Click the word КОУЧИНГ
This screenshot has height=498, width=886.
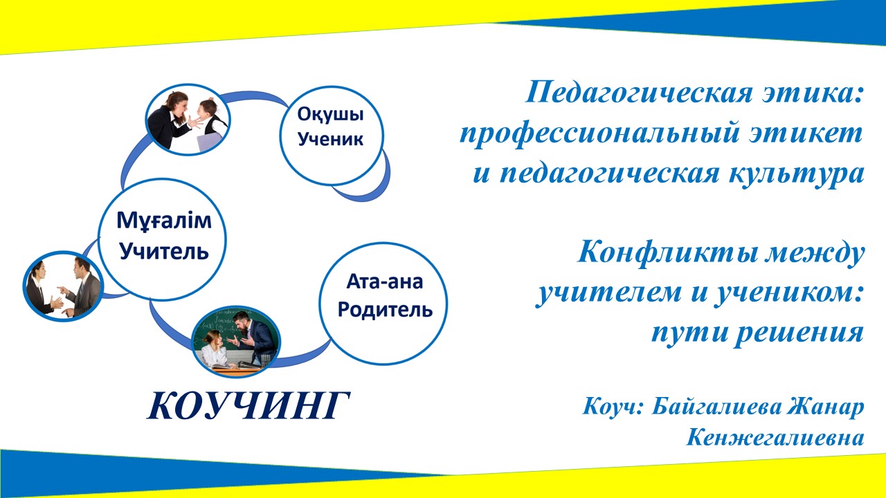[x=248, y=406]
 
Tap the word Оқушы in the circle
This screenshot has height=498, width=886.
[x=331, y=115]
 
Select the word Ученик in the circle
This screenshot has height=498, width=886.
[x=331, y=139]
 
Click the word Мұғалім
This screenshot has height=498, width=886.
[x=164, y=221]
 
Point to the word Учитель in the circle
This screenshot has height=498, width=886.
[x=164, y=250]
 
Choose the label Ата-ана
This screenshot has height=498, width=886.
[x=385, y=282]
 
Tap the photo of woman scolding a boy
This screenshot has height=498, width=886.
[x=188, y=120]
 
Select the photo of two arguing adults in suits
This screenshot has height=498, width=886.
[x=63, y=286]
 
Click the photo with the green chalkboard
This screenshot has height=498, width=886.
[x=236, y=342]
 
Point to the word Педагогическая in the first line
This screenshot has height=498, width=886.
[x=639, y=93]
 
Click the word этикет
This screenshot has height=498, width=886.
[x=805, y=133]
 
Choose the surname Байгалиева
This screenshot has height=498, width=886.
[x=716, y=406]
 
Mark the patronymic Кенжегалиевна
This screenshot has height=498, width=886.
[x=775, y=438]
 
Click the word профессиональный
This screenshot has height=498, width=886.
[x=599, y=134]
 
